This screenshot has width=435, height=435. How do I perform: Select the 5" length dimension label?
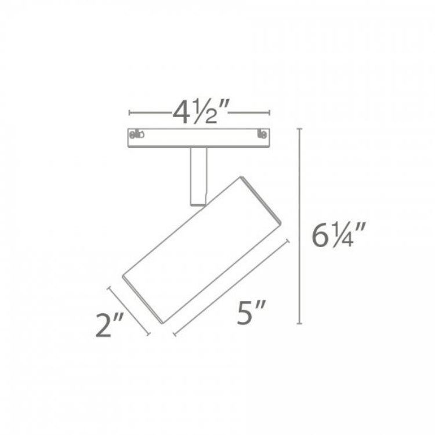248,315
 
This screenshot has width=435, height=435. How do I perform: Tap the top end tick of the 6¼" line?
300,129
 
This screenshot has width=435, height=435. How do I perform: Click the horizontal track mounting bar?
200,137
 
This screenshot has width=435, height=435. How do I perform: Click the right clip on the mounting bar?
263,135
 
